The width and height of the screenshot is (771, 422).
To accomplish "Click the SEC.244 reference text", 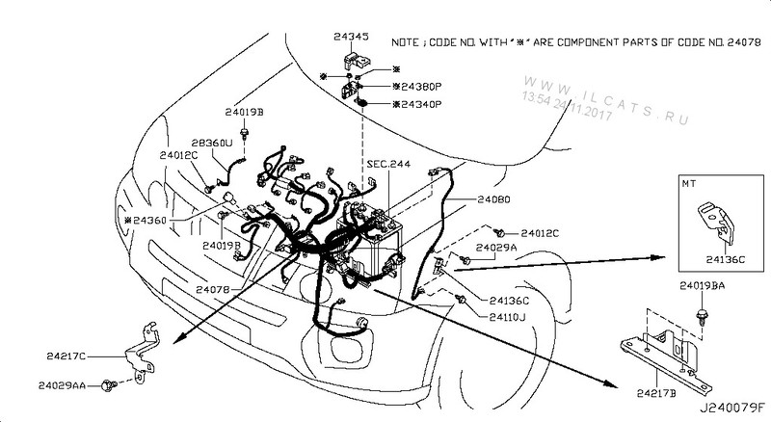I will [x=388, y=165].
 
